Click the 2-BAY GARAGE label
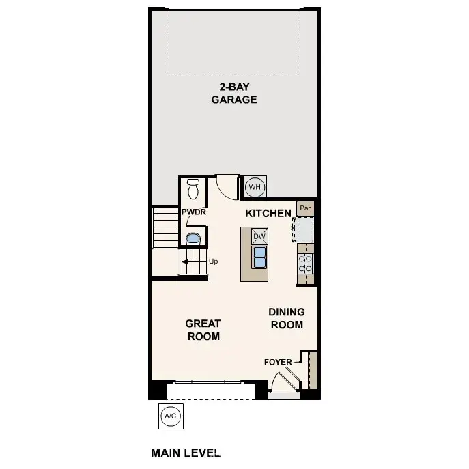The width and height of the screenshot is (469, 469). pos(233,94)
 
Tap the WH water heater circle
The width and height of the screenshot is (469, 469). pos(254,186)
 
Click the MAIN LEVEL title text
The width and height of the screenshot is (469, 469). pos(185,452)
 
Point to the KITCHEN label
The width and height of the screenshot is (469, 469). pos(268,214)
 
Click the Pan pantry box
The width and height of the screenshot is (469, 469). pos(306,208)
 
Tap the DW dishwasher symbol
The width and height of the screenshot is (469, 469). pos(259,237)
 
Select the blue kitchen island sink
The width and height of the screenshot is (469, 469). pos(259,257)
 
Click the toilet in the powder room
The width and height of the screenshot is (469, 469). pos(193,187)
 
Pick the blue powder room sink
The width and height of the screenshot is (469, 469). pos(193,238)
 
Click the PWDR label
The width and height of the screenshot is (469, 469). pos(193,212)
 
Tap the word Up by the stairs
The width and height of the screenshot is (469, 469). pos(213,261)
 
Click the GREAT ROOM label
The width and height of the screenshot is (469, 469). pos(203,330)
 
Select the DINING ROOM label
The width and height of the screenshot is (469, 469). pos(287,318)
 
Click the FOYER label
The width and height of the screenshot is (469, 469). pos(278,362)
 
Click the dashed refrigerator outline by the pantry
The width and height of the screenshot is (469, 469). pos(304,229)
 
